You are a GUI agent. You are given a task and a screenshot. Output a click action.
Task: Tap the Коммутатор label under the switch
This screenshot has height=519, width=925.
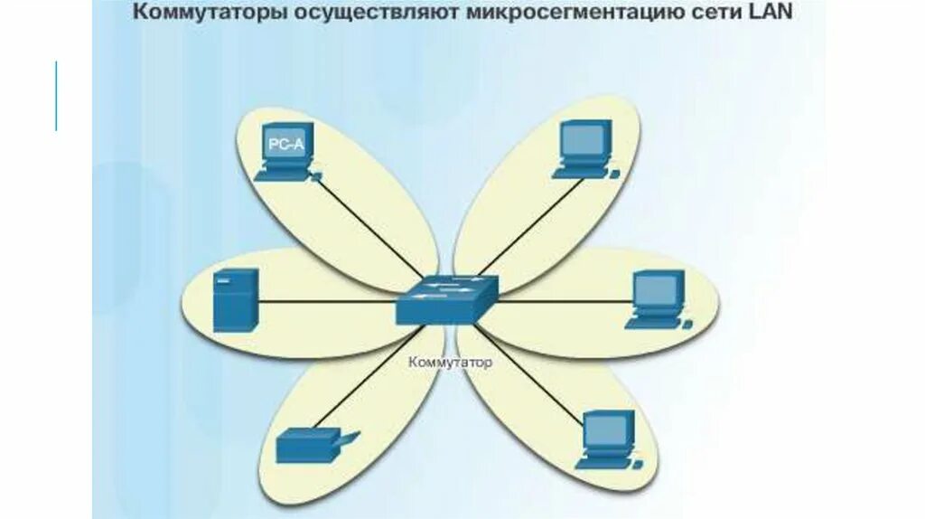(x=451, y=363)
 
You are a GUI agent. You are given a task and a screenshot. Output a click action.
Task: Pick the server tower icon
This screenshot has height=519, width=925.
(x=235, y=299)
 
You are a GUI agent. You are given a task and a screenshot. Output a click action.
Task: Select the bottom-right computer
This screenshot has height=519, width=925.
(x=607, y=439)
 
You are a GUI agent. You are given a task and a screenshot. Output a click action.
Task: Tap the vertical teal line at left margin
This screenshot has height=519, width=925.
(x=56, y=96)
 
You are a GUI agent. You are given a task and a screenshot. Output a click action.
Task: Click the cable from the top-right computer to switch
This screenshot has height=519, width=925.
(x=524, y=226)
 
